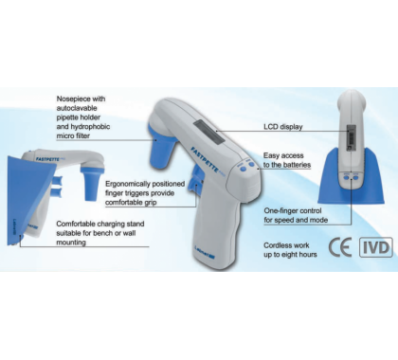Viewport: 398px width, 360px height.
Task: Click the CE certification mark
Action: coord(340,247)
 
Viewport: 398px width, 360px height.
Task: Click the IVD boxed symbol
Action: coord(376,247)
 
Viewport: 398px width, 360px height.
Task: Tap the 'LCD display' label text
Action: coord(283,127)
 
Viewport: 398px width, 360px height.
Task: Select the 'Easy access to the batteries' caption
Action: coord(287,160)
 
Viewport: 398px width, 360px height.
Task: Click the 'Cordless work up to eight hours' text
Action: coord(290,250)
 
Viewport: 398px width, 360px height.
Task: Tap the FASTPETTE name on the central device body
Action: coord(206,160)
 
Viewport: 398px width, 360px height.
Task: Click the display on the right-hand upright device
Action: coord(352,137)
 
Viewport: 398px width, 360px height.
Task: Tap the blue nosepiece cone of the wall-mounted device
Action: coord(92,184)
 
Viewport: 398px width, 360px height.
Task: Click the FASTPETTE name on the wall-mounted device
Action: coord(47,159)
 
